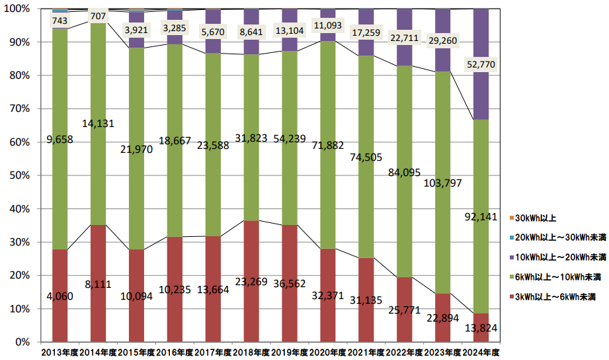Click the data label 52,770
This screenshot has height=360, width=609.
[482, 64]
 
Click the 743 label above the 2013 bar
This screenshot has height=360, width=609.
[60, 21]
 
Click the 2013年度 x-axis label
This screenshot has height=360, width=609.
[60, 351]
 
